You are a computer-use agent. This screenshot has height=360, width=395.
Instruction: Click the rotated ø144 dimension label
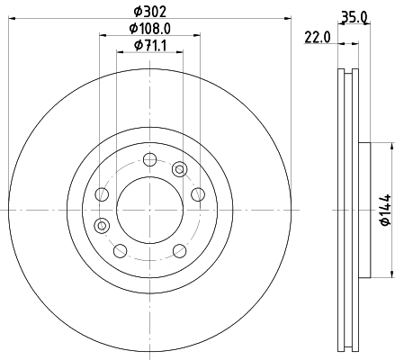tap(384, 208)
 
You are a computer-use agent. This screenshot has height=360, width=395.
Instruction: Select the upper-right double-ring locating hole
tap(179, 169)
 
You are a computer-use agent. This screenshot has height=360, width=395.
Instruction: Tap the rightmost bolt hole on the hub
tap(196, 195)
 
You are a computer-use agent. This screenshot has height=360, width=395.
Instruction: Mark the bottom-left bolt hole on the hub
tap(119, 249)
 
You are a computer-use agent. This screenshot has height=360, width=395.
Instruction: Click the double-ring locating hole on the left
tap(101, 225)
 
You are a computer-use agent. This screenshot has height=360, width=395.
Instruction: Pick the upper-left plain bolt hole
tap(102, 195)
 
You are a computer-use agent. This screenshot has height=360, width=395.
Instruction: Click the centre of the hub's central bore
tap(148, 209)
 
